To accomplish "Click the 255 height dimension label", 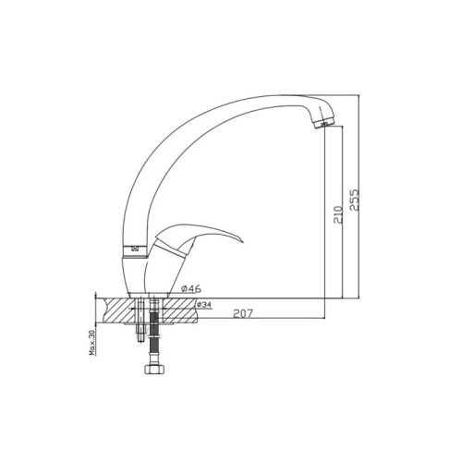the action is point(355,200).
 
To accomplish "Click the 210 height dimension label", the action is point(338,214).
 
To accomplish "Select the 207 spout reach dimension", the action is point(243,313).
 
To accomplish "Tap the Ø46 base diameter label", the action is point(191,289).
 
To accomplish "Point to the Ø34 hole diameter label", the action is point(203,305).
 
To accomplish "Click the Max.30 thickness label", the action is point(92,343).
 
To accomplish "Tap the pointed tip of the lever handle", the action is point(242,241).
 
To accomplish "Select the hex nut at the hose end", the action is point(154,370).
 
